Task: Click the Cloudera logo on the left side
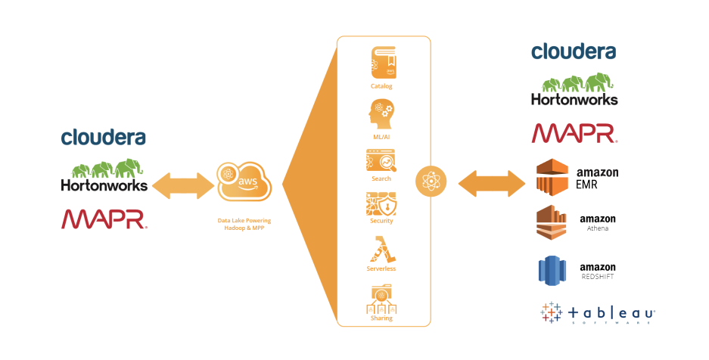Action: coord(103,137)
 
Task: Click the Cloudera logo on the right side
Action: coord(573,51)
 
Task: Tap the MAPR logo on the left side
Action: coord(104,219)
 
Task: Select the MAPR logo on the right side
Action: coord(574,133)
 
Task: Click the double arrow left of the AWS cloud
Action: coord(182,185)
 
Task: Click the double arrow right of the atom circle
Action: coord(491,182)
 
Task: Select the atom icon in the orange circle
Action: coord(431,182)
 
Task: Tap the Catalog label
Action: coord(381,86)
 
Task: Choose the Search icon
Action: coord(381,161)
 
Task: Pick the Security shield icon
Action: coord(381,204)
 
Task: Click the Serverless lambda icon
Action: coord(381,249)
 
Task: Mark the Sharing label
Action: coord(381,318)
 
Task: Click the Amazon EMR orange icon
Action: coord(552,177)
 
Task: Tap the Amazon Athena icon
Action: coord(552,222)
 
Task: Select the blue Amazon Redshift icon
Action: coord(552,271)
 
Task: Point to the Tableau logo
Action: coord(598,313)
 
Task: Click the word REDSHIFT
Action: coord(598,277)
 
